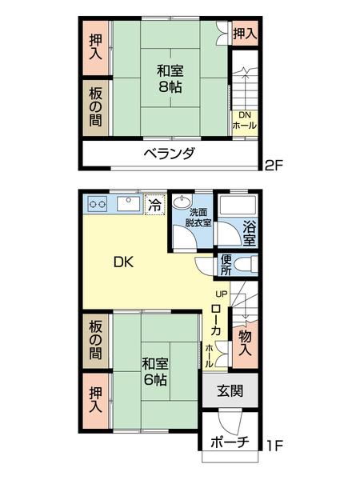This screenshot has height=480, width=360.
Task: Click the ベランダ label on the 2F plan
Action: tap(169, 154)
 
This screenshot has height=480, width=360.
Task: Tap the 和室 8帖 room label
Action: tap(168, 78)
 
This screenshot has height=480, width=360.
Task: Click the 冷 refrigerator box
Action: tap(155, 206)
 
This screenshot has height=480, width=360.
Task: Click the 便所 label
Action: tap(226, 264)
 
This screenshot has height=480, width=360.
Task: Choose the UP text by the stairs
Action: tap(222, 294)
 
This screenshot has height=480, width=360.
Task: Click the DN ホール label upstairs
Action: tap(244, 121)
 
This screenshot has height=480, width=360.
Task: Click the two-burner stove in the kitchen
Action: tap(97, 206)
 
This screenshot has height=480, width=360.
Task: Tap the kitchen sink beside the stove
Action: tap(128, 205)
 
